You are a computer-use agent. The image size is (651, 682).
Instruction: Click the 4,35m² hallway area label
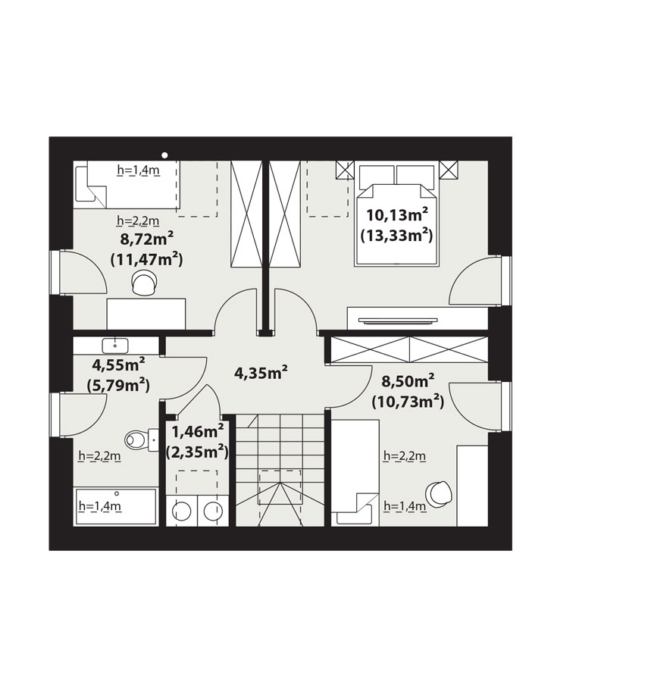pyautogui.click(x=261, y=372)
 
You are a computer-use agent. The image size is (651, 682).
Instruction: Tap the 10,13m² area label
pyautogui.click(x=397, y=214)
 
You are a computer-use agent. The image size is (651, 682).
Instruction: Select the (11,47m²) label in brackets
pyautogui.click(x=146, y=260)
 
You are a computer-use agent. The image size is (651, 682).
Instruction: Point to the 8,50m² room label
pyautogui.click(x=408, y=381)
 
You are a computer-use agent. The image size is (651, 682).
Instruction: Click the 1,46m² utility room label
pyautogui.click(x=198, y=431)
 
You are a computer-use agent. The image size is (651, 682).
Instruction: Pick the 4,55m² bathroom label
pyautogui.click(x=119, y=364)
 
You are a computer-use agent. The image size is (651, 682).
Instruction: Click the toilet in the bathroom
pyautogui.click(x=141, y=440)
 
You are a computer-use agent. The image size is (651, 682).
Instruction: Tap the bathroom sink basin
pyautogui.click(x=114, y=346)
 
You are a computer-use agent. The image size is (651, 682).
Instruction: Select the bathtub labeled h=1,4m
pyautogui.click(x=116, y=506)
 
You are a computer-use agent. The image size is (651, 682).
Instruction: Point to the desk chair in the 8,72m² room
pyautogui.click(x=143, y=283)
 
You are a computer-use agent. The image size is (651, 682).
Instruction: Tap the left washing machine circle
pyautogui.click(x=182, y=511)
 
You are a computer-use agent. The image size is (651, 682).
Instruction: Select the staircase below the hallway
pyautogui.click(x=280, y=470)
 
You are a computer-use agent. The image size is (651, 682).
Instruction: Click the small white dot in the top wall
pyautogui.click(x=164, y=155)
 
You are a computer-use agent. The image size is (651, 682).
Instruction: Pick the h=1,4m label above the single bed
pyautogui.click(x=138, y=170)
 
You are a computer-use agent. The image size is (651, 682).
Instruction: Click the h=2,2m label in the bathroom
pyautogui.click(x=99, y=456)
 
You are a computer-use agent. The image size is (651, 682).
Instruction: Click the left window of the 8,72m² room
pyautogui.click(x=54, y=273)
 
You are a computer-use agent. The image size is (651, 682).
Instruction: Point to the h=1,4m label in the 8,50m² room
pyautogui.click(x=405, y=506)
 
